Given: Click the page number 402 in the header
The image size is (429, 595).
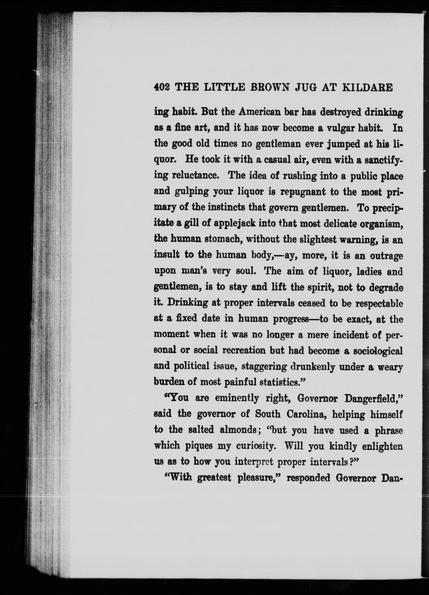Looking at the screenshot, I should (x=162, y=87).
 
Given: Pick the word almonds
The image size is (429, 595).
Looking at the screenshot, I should (x=238, y=430).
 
